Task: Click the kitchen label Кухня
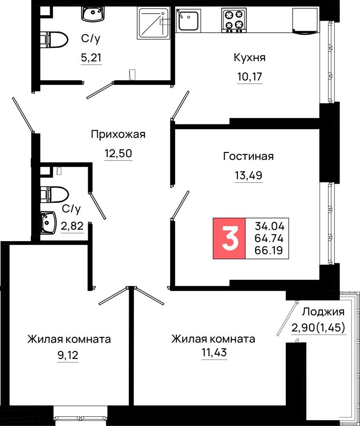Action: click(249, 58)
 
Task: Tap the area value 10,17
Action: click(250, 77)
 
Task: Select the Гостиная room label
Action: click(248, 156)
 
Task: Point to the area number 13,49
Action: click(248, 176)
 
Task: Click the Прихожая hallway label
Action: click(118, 135)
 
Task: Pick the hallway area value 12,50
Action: click(118, 153)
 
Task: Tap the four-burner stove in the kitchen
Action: click(234, 20)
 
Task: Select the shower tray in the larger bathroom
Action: click(154, 22)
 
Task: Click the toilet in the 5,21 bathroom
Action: click(54, 40)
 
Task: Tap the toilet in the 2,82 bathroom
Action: click(55, 195)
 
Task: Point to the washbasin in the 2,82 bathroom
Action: click(49, 223)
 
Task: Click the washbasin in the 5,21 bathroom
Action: click(93, 14)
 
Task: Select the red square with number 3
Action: click(229, 238)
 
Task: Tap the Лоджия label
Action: click(324, 312)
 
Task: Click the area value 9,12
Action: click(68, 355)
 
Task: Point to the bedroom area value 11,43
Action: click(214, 353)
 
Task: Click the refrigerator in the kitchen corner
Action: click(305, 20)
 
